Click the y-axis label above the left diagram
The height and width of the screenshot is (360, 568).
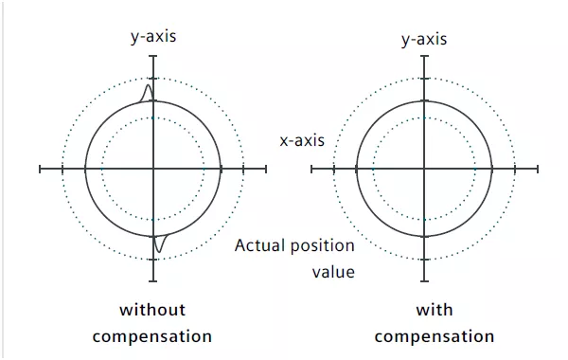pos(153,37)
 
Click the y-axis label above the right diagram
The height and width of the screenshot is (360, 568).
pos(424,39)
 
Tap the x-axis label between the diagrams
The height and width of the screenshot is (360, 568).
pos(302,140)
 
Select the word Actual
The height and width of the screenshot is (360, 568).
pos(257,245)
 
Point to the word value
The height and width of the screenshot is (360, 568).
pos(333,272)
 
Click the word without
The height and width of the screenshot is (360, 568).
pos(152,310)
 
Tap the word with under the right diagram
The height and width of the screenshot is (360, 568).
pos(435,310)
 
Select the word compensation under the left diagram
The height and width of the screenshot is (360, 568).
pos(152,337)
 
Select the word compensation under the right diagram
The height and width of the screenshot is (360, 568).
pos(435,337)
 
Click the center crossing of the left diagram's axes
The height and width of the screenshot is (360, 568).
pos(153,169)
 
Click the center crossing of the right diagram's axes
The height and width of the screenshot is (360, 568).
pos(424,169)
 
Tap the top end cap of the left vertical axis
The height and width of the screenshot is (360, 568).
pos(153,56)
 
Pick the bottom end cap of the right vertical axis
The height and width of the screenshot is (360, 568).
pos(424,281)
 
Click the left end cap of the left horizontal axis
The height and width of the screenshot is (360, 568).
pos(40,169)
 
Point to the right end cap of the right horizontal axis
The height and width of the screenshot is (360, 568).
pos(538,169)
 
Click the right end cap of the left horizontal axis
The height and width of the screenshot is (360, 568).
pos(266,169)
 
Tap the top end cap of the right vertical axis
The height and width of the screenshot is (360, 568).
pos(424,56)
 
